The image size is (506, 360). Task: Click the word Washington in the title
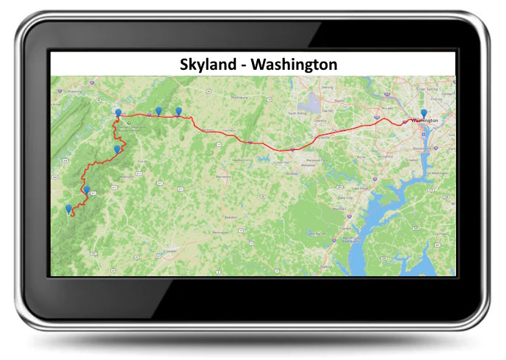point(294,64)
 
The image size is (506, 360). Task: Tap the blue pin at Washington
point(424,113)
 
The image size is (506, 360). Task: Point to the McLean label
point(391,110)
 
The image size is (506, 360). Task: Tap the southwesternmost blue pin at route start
point(69,209)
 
